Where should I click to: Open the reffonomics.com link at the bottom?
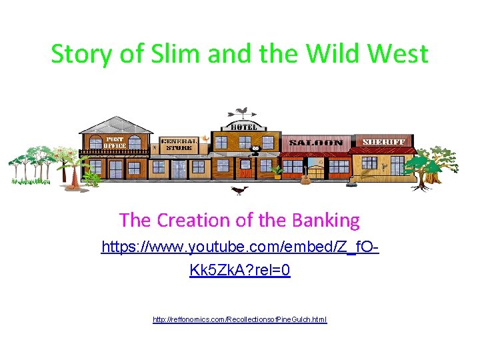pyautogui.click(x=240, y=320)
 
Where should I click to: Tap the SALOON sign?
pyautogui.click(x=315, y=143)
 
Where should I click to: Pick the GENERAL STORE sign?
pyautogui.click(x=178, y=144)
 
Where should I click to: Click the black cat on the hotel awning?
pyautogui.click(x=254, y=150)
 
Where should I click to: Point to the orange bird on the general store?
pyautogui.click(x=205, y=139)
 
